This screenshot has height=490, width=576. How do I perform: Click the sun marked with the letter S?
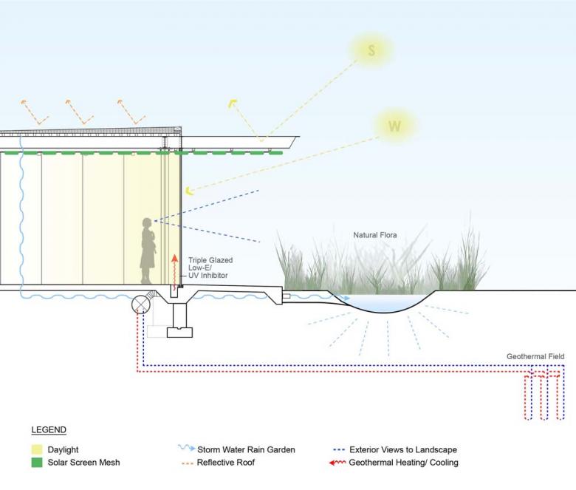tap(371, 50)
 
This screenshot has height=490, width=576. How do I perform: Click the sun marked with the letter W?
tap(395, 126)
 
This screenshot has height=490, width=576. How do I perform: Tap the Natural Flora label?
tap(374, 235)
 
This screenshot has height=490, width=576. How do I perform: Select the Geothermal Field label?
tap(535, 356)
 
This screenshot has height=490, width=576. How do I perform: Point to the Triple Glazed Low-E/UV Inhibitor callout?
tap(208, 268)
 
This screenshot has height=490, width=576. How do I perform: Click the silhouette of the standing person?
tap(148, 251)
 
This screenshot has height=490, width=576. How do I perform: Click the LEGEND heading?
tap(49, 429)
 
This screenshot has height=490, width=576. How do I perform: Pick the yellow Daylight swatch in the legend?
tap(37, 449)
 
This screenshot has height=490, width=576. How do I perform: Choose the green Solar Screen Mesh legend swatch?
tap(37, 463)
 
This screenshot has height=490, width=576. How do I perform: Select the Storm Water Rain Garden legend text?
tap(246, 449)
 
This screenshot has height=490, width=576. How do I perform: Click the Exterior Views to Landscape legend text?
tap(403, 449)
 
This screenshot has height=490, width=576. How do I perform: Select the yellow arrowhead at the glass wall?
tap(190, 191)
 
